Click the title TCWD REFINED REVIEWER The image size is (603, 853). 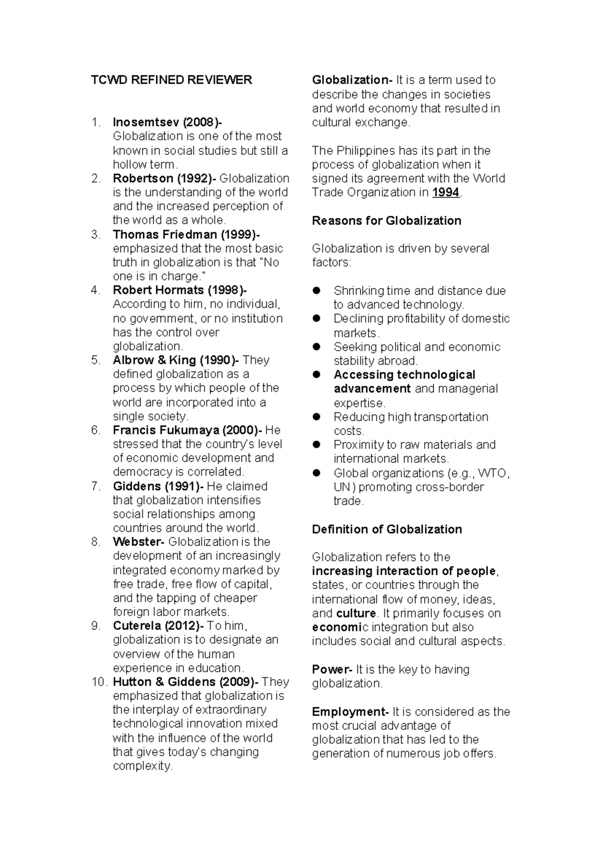coord(171,80)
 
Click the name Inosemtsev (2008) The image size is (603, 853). coord(166,122)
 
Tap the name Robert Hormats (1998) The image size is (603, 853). coord(178,290)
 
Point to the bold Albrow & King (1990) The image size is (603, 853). coord(175,360)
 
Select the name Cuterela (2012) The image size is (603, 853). coord(157,626)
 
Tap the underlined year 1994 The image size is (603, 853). coord(446,193)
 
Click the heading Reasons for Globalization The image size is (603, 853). coord(386,221)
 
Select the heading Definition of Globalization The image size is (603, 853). coord(387,529)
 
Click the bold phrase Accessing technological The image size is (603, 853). coord(404,375)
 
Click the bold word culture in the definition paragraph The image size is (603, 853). coord(356,614)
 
